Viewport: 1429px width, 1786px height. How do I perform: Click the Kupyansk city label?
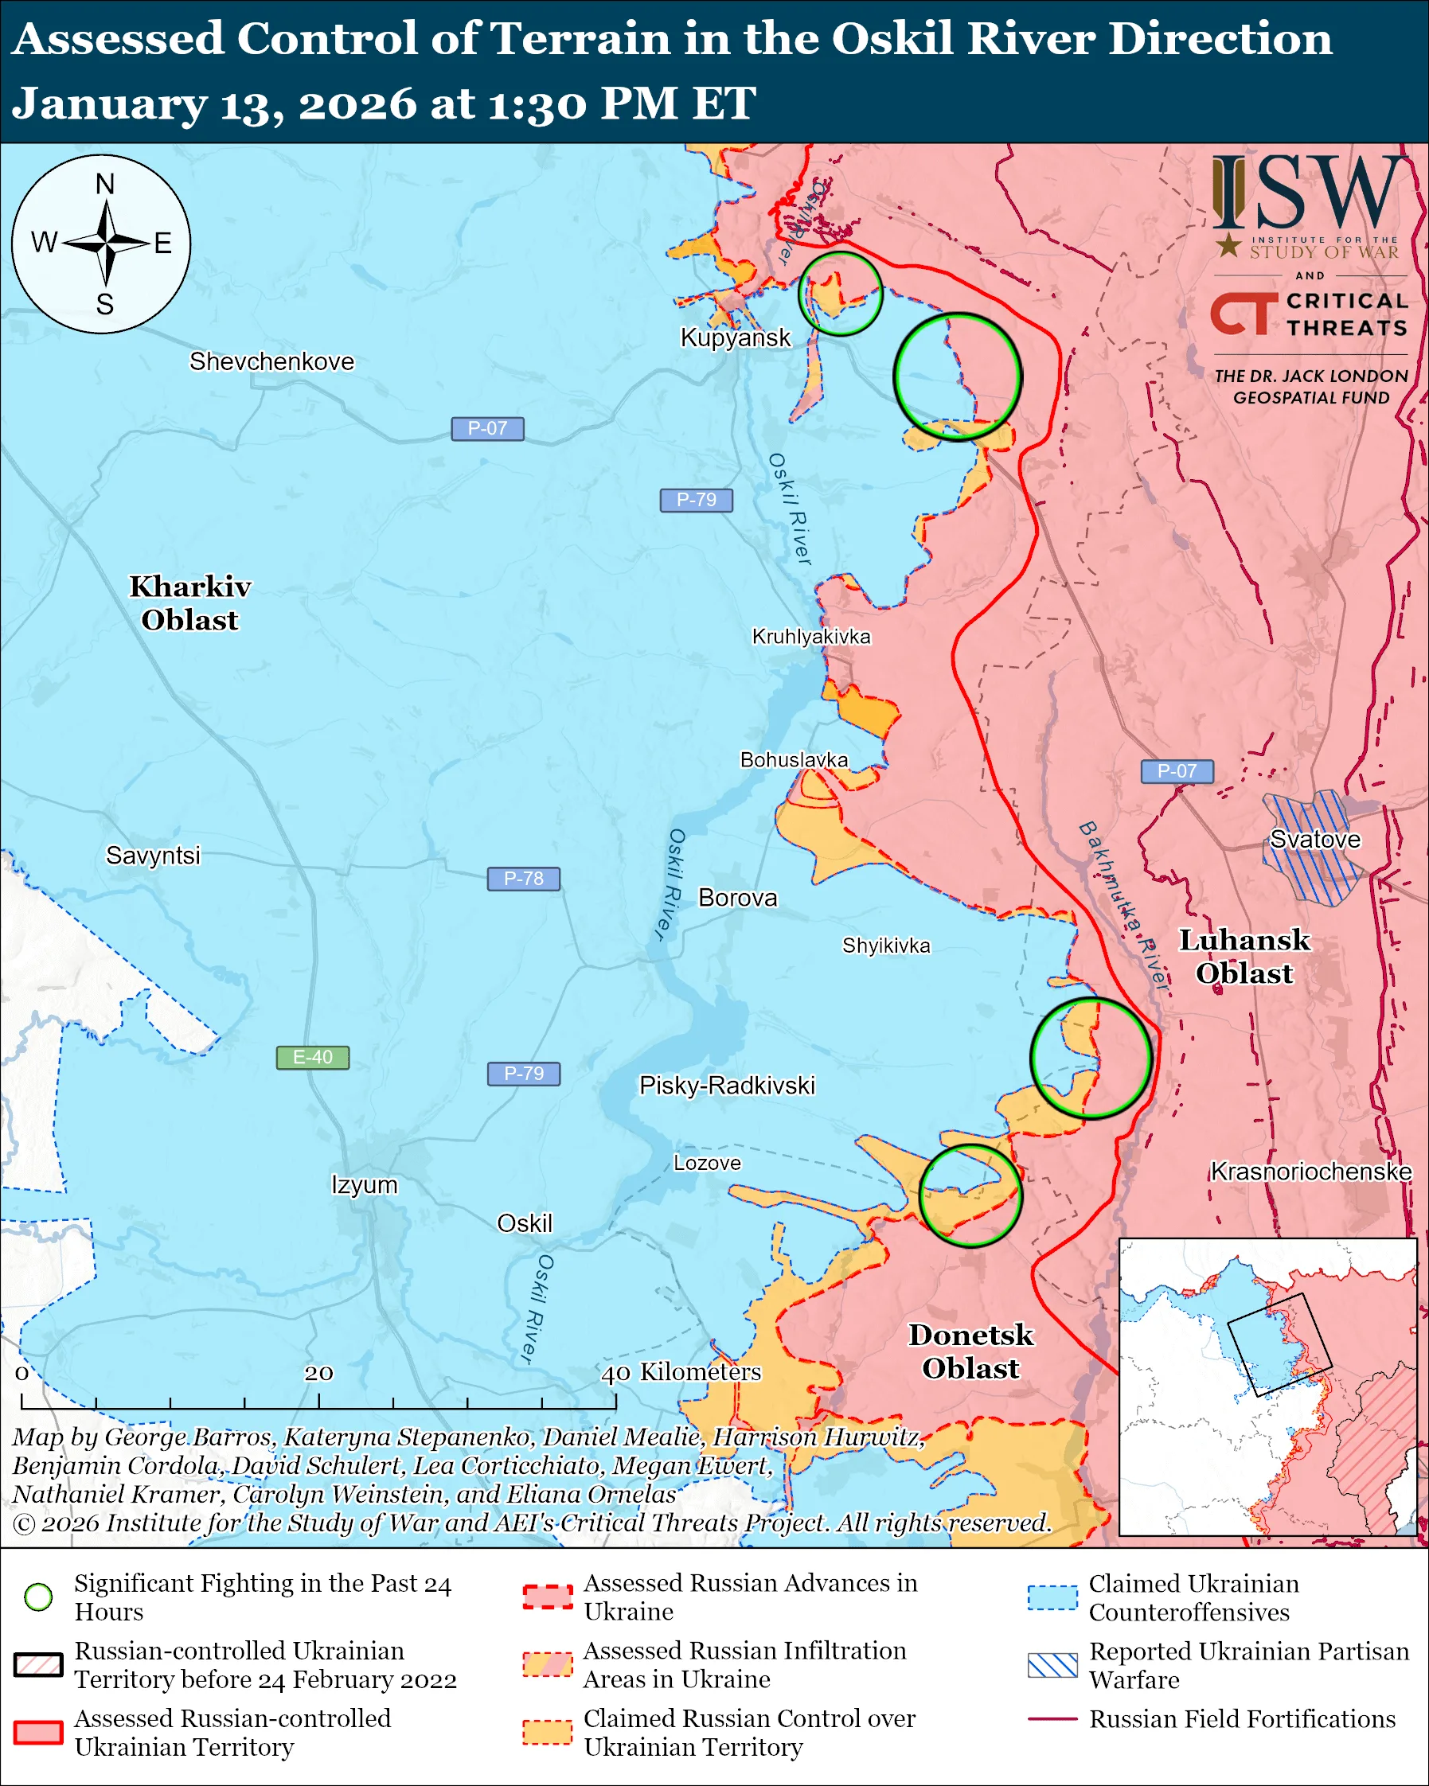pos(735,338)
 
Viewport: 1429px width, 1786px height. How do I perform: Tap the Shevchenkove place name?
pos(271,362)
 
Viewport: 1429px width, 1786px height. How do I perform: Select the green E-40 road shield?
pos(312,1058)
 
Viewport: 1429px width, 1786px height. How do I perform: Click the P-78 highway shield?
pos(523,879)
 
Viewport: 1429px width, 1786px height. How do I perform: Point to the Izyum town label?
pos(365,1184)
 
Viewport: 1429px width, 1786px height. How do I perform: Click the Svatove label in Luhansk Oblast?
pos(1314,839)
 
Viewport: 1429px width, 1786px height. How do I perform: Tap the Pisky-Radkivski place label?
pos(727,1086)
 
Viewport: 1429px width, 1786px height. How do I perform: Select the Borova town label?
pos(737,898)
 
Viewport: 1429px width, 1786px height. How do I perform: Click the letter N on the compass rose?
pos(104,184)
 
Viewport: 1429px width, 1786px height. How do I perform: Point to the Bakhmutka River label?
pos(1123,907)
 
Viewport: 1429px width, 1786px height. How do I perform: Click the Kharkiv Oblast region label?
pos(189,603)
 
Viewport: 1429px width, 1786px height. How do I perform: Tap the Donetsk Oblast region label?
pos(971,1351)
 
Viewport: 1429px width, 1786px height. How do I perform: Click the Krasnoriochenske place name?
pos(1310,1172)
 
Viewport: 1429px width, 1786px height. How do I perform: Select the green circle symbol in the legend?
pos(38,1597)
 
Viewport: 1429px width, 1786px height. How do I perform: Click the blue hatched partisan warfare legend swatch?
pos(1052,1665)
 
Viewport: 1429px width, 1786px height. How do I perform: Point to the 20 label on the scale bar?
pos(318,1374)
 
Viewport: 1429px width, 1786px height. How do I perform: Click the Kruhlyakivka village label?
pos(811,636)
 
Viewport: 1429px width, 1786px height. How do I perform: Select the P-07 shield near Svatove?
pos(1177,771)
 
